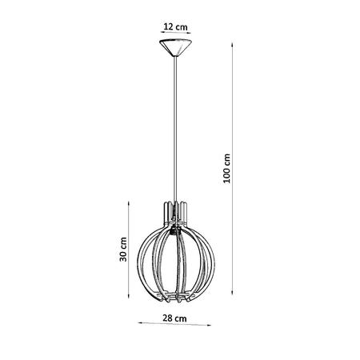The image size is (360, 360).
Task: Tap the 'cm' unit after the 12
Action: [183, 26]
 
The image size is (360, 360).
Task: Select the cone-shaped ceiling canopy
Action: [175, 46]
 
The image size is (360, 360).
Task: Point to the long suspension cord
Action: [175, 128]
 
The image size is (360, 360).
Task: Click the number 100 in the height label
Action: [227, 175]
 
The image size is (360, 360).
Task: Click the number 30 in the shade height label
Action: [123, 256]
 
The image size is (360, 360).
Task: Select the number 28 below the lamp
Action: [167, 318]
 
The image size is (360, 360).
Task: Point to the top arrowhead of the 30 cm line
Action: [133, 202]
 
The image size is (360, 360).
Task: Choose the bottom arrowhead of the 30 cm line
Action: [133, 303]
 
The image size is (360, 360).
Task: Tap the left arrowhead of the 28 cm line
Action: [141, 324]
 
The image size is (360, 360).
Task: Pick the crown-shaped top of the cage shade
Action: [175, 210]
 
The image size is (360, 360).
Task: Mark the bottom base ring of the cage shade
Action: [175, 300]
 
